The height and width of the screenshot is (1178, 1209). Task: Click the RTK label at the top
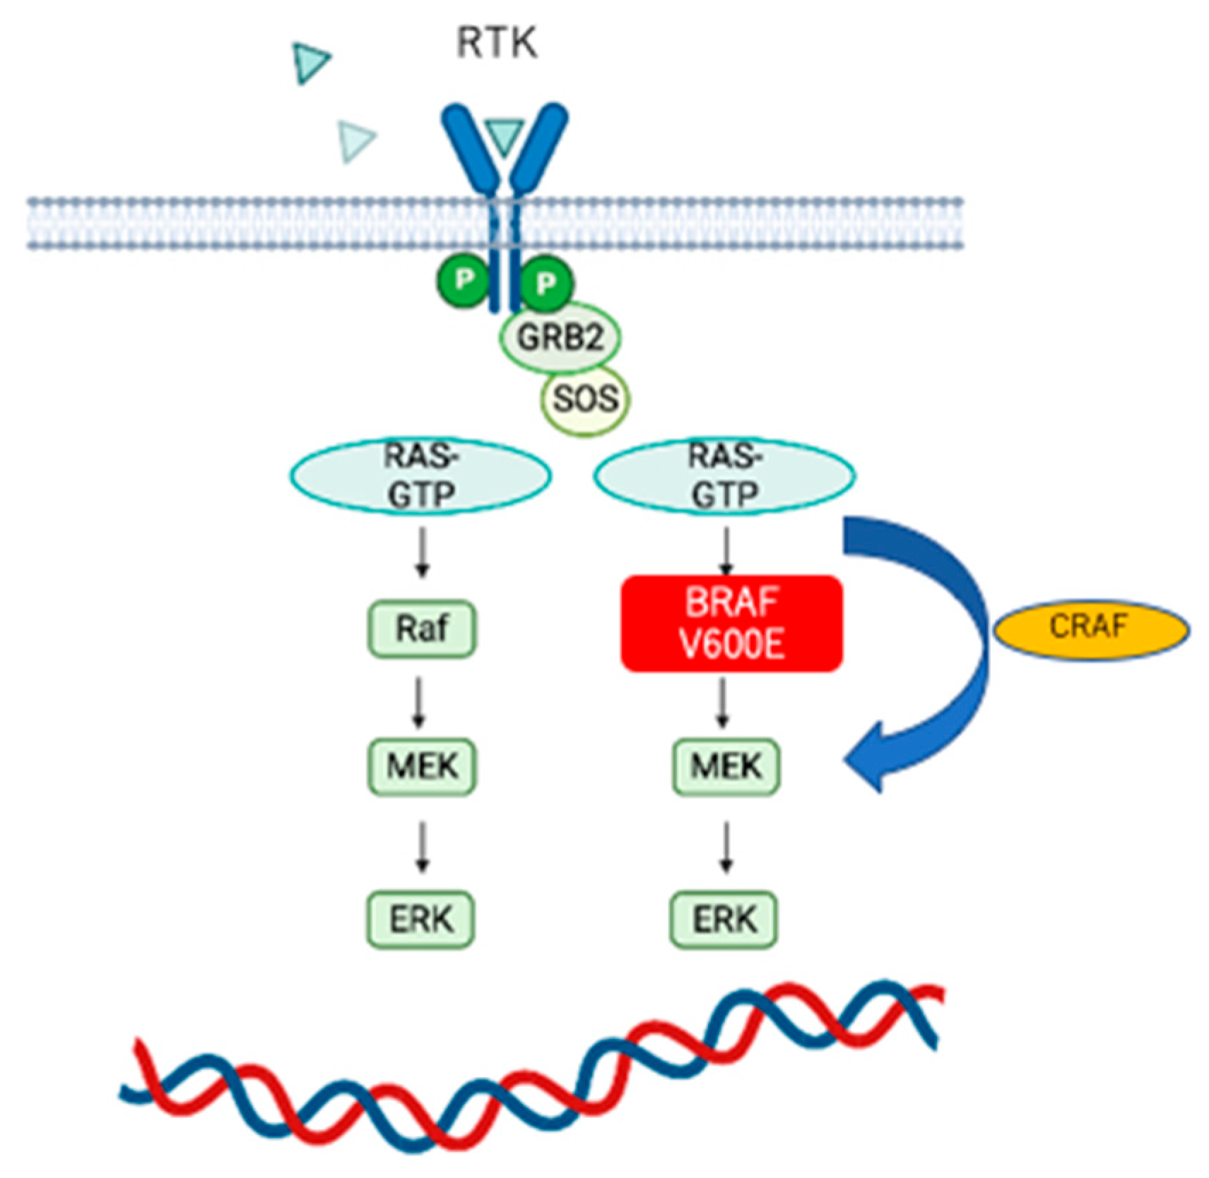pyautogui.click(x=496, y=44)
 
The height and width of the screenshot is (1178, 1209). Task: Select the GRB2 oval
pyautogui.click(x=560, y=338)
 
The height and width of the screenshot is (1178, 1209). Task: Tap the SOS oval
pyautogui.click(x=584, y=399)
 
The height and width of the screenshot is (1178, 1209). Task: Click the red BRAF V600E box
pyautogui.click(x=731, y=623)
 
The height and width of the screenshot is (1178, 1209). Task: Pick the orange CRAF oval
pyautogui.click(x=1091, y=628)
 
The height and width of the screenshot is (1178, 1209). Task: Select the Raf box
pyautogui.click(x=422, y=628)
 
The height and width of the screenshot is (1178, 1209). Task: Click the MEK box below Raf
pyautogui.click(x=422, y=766)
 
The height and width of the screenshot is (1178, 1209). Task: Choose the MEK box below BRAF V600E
pyautogui.click(x=726, y=766)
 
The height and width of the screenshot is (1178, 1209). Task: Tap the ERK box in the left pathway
pyautogui.click(x=421, y=919)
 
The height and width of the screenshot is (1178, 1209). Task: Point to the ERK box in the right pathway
pyautogui.click(x=724, y=919)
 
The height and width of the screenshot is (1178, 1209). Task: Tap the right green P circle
pyautogui.click(x=545, y=282)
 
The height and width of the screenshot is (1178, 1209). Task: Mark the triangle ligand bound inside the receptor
pyautogui.click(x=504, y=136)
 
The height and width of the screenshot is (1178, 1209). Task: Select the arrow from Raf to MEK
pyautogui.click(x=419, y=702)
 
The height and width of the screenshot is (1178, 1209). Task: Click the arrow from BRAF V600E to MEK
pyautogui.click(x=722, y=702)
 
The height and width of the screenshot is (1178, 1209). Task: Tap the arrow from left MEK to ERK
pyautogui.click(x=423, y=846)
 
